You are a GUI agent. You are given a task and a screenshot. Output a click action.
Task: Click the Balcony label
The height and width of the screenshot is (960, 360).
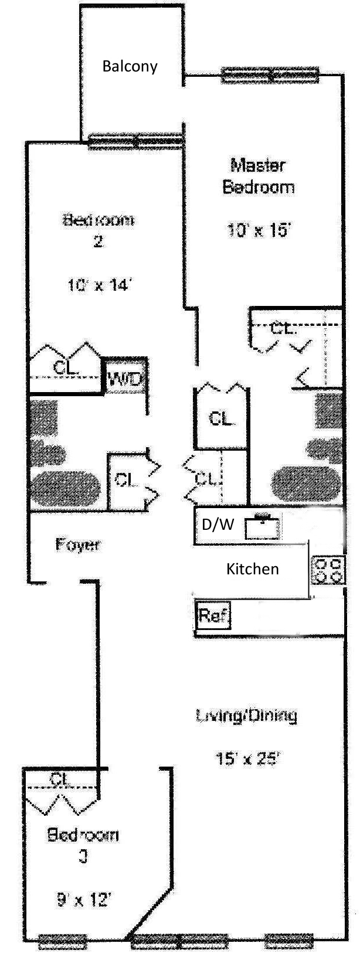click(130, 66)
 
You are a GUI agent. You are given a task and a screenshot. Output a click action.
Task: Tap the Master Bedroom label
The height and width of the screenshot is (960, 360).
click(258, 176)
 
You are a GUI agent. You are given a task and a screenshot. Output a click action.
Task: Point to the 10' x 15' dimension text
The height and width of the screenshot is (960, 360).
click(259, 230)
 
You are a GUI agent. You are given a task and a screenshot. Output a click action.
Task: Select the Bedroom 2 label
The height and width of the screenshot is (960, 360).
click(98, 230)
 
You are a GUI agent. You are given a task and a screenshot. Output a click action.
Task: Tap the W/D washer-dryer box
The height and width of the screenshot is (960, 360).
click(125, 379)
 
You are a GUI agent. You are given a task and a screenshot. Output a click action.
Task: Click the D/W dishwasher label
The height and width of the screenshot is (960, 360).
click(218, 525)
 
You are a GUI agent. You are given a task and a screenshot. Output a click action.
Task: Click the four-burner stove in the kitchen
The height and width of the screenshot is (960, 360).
click(328, 570)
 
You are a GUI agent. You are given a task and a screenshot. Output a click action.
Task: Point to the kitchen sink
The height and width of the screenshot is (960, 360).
click(262, 527)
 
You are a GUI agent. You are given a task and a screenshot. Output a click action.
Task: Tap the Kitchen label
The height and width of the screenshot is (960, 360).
click(252, 568)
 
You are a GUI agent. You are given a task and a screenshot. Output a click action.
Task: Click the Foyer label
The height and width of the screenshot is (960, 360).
click(78, 544)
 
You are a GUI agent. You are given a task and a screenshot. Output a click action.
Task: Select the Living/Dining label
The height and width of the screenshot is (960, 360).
click(246, 715)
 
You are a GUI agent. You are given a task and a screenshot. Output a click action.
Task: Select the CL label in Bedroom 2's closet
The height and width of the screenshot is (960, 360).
click(65, 367)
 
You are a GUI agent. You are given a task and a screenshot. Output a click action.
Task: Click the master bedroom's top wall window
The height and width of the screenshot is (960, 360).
click(270, 75)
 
